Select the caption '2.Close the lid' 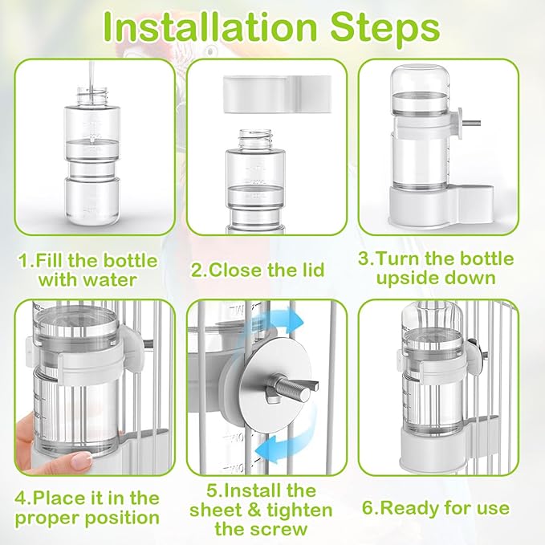266,270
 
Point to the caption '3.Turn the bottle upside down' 446,270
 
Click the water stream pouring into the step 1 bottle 95,72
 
